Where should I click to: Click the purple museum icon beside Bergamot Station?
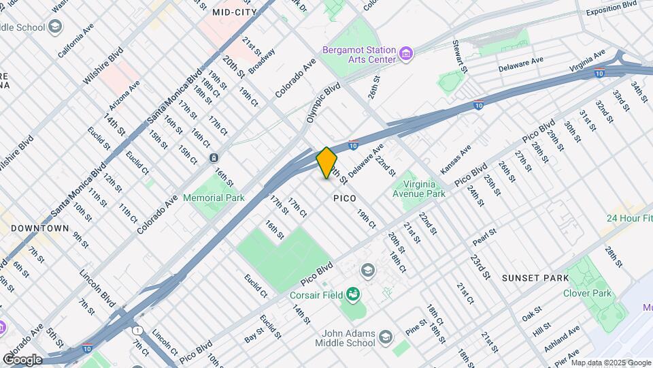406,53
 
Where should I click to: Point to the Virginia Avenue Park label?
414,189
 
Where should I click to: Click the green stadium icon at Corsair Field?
352,294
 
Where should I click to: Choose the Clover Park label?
586,294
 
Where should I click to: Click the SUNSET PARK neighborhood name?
535,278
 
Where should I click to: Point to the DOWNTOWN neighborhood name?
40,228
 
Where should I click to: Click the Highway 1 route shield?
138,330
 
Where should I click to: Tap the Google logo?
22,359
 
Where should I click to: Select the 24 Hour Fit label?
630,219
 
